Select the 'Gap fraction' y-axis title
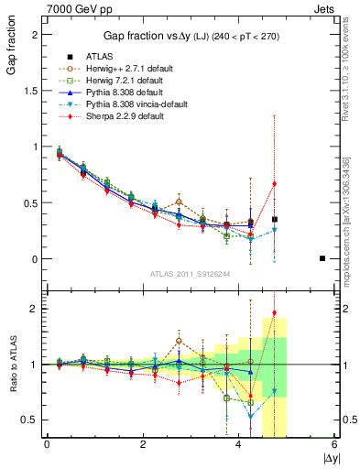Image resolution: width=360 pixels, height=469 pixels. pyautogui.click(x=11, y=55)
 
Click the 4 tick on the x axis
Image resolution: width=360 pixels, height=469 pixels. pyautogui.click(x=238, y=444)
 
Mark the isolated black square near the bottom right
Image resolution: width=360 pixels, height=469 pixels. pyautogui.click(x=322, y=258)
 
